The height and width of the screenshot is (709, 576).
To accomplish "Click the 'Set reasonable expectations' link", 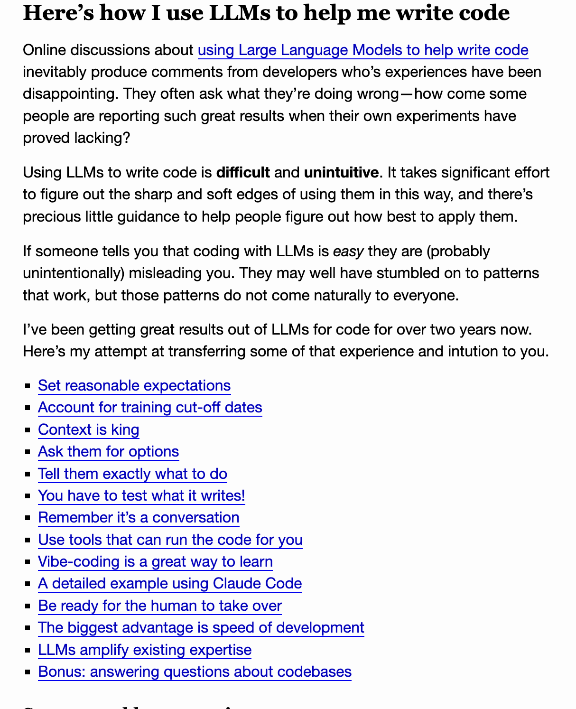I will pos(134,385).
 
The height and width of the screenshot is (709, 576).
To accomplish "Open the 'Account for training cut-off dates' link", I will pos(150,407).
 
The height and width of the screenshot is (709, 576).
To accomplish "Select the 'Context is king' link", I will pos(89,429).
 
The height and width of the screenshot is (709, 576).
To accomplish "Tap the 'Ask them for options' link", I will pos(108,451).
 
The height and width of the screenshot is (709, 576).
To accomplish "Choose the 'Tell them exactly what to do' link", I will pos(132,474).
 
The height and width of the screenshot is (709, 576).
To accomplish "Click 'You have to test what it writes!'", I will pos(141,495).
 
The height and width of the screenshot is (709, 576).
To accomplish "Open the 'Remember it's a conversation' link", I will pos(139,517).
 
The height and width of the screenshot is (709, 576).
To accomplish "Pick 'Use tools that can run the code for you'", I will pos(170,540).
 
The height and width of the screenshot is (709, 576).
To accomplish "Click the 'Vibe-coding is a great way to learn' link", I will pos(155,561).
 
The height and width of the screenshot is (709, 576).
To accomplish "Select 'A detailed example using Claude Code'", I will pos(170,583).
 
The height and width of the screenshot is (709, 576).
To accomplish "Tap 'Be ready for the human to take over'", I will pos(160,606).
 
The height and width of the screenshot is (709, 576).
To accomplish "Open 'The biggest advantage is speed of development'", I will pos(201,627).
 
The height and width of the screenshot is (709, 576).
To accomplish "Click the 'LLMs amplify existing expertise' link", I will pos(145,650).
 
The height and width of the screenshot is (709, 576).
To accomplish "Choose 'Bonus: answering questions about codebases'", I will pos(195,672).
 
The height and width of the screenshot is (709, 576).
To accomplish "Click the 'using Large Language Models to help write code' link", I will pos(363,50).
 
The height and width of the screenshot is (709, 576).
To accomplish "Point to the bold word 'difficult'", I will pos(243,172).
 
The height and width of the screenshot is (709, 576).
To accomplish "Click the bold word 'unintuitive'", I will pos(341,172).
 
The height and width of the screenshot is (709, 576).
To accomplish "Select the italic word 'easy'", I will pos(348,251).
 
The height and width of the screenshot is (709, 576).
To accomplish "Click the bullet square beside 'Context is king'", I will pos(28,430).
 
